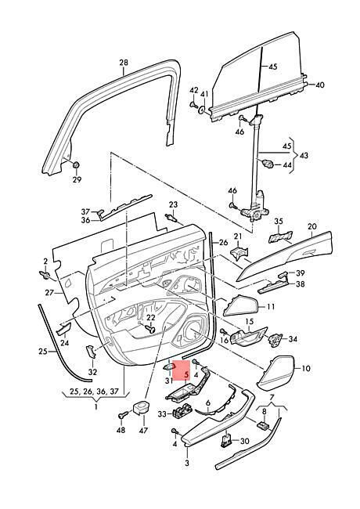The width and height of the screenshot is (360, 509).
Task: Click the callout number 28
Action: point(124,63)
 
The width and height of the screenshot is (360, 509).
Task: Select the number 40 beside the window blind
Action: point(319,85)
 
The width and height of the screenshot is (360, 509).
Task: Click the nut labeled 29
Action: point(77,165)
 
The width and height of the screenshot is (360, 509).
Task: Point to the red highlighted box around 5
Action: point(181,370)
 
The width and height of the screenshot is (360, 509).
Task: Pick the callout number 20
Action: point(312,226)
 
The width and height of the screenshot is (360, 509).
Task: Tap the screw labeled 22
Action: point(150,330)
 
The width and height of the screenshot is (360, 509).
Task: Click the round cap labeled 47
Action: point(142,407)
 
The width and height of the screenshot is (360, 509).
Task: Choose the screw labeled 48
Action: point(123,415)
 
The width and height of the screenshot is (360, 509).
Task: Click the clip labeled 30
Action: point(227,441)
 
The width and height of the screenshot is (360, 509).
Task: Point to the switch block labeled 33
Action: point(182,412)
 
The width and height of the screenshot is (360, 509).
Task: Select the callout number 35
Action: point(279,222)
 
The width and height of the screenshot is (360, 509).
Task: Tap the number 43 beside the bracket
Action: point(304,155)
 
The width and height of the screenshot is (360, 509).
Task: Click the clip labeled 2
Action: point(45,276)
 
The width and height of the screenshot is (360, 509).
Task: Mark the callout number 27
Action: point(49,293)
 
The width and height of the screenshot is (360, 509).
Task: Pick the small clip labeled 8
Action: point(262,425)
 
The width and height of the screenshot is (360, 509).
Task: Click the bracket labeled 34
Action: point(275,340)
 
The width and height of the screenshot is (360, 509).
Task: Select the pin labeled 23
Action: point(171,218)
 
